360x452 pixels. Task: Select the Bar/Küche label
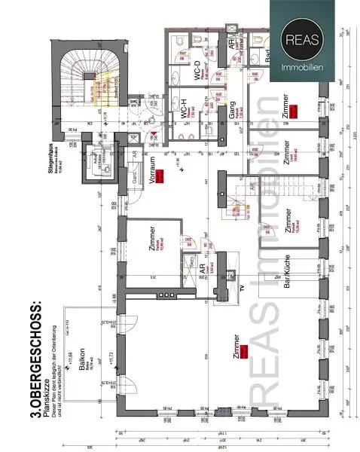click(x=286, y=279)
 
